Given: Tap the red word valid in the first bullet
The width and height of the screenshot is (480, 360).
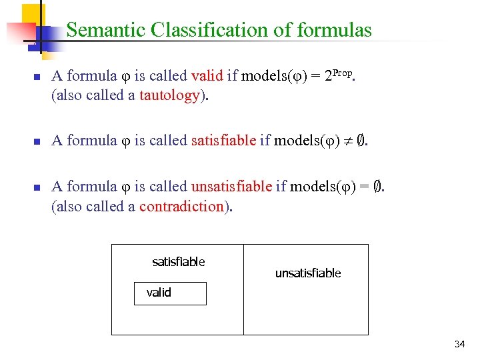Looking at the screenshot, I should point(207,76).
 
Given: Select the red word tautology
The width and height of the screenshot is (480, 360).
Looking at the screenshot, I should point(169,95).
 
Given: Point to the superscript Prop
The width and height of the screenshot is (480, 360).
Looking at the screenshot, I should point(346,71).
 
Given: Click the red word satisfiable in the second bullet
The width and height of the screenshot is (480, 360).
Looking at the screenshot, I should point(223,140).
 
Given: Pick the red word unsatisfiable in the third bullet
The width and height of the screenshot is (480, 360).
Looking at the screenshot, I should point(231,187).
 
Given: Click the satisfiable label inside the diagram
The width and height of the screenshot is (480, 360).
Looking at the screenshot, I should point(179,262).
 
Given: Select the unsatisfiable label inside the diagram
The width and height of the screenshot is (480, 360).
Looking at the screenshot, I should point(308,273).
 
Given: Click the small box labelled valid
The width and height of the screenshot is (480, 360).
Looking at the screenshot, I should point(170,293).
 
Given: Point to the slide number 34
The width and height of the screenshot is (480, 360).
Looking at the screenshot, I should point(459,344).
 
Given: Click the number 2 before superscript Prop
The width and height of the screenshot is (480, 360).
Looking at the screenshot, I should point(328,77).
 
